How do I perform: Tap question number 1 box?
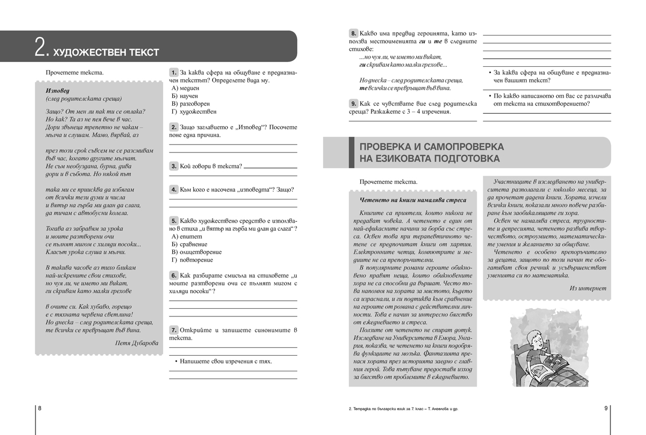pyautogui.click(x=174, y=72)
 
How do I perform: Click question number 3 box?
pyautogui.click(x=174, y=167)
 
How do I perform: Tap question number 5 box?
pyautogui.click(x=174, y=220)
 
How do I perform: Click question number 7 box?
pyautogui.click(x=174, y=329)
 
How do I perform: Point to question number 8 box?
pyautogui.click(x=353, y=33)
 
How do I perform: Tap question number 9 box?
pyautogui.click(x=353, y=103)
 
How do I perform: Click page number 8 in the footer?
pyautogui.click(x=39, y=409)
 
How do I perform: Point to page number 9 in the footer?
pyautogui.click(x=606, y=409)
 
